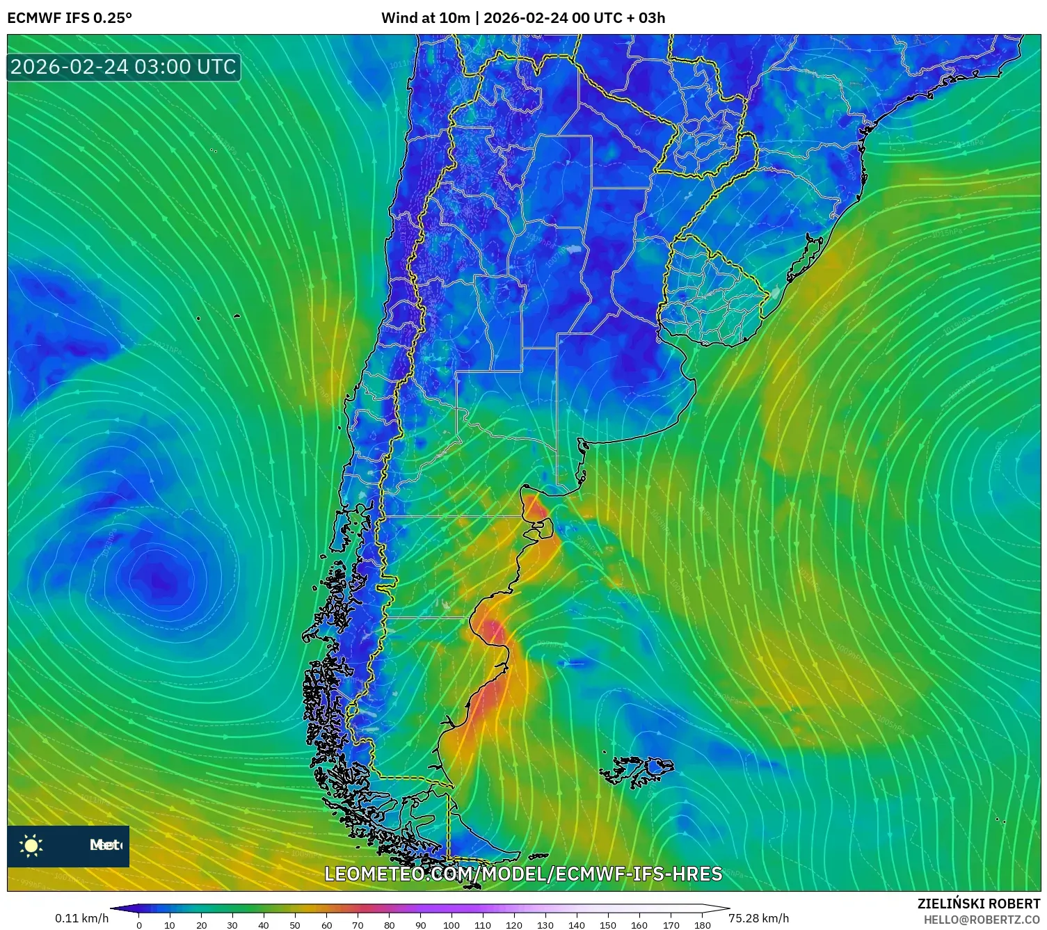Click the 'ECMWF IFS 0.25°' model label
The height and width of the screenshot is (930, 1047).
click(70, 18)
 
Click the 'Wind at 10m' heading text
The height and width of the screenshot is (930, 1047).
click(426, 18)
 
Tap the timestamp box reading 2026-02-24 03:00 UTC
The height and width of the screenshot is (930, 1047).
click(123, 67)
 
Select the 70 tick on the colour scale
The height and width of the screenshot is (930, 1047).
click(358, 924)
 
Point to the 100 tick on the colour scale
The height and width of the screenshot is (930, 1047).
click(451, 924)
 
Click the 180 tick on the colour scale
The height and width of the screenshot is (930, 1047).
click(702, 924)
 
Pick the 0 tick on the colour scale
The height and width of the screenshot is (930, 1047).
click(139, 924)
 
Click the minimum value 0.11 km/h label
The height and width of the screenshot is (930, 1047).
click(82, 918)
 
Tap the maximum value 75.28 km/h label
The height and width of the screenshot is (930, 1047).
click(758, 918)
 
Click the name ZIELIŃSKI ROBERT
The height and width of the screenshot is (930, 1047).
click(979, 904)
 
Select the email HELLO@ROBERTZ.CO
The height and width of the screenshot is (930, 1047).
click(982, 920)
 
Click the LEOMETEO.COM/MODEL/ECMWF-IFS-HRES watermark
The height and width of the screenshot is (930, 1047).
click(523, 874)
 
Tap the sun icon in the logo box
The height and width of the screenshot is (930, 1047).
click(31, 846)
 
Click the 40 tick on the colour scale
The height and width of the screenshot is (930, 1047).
click(264, 924)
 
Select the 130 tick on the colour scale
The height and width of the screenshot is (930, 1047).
click(545, 924)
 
